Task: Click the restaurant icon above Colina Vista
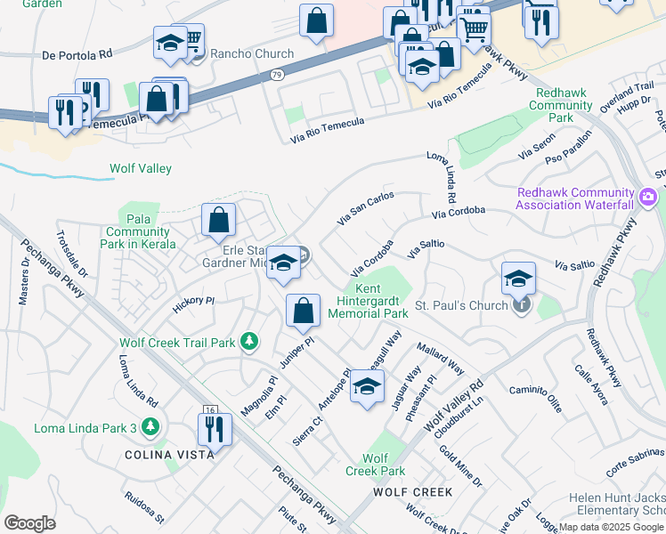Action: point(214,429)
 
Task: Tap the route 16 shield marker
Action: point(210,409)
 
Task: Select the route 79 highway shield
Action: point(278,77)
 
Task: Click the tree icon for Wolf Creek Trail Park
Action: point(251,342)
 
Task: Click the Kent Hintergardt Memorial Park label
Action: point(368,301)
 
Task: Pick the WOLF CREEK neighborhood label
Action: point(412,491)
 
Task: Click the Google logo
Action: point(30,522)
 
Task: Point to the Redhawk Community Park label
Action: point(560,105)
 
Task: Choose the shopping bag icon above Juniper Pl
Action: point(304,311)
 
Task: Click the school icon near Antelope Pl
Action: point(366,386)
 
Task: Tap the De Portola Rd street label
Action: point(77,54)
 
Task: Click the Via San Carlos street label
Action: point(365,207)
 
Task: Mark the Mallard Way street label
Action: point(441,359)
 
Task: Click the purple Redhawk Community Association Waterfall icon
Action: point(648,195)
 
